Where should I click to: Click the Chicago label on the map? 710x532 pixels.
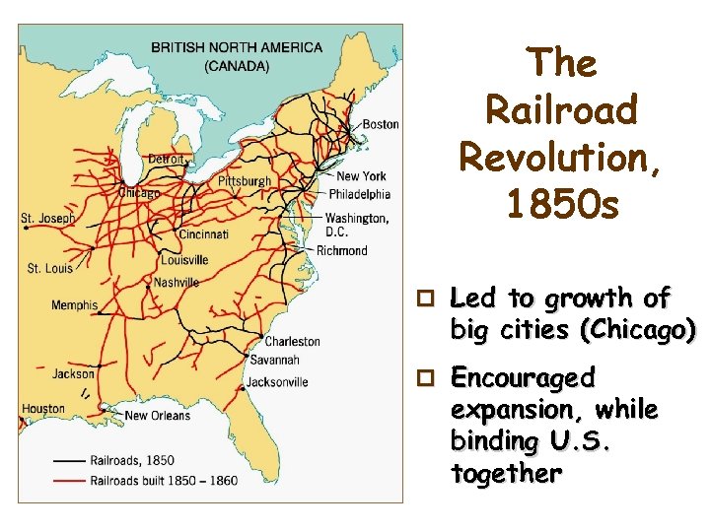click(139, 193)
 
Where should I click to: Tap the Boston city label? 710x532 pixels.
click(381, 124)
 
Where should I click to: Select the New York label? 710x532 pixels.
click(361, 176)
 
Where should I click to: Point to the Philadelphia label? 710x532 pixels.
click(360, 194)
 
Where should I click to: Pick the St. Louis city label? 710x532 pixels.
click(49, 268)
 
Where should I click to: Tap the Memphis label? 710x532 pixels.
click(75, 305)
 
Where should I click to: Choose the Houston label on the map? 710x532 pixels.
click(43, 409)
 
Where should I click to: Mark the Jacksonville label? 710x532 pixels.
click(277, 382)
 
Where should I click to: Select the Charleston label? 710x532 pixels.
click(292, 341)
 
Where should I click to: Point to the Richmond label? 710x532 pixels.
click(341, 250)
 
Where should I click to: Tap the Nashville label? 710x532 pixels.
click(177, 283)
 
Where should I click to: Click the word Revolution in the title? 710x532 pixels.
click(560, 156)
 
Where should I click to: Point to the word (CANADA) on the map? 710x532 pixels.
click(236, 67)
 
